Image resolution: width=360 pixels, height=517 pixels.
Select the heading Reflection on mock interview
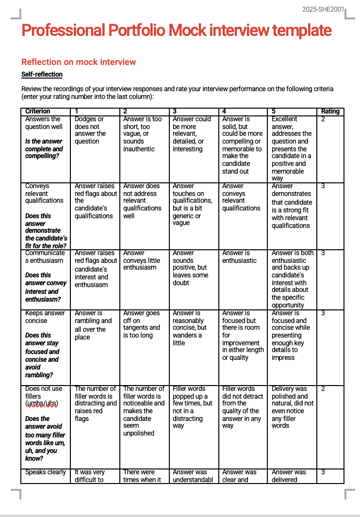[79, 62]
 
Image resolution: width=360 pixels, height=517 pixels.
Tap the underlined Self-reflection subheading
[42, 74]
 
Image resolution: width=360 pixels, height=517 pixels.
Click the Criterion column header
[38, 112]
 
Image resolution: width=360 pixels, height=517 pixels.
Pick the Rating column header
[330, 112]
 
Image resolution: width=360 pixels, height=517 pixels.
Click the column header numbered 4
[224, 112]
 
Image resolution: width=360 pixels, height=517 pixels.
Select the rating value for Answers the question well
[323, 119]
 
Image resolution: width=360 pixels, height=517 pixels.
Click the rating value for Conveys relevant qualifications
[323, 186]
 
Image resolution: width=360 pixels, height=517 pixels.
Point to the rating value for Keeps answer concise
[323, 313]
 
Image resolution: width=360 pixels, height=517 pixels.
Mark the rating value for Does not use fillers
[323, 388]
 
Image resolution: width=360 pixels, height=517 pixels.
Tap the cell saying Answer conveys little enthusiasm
[141, 260]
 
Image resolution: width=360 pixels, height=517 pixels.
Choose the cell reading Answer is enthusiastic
[236, 257]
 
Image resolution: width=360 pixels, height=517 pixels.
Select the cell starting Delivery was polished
[293, 407]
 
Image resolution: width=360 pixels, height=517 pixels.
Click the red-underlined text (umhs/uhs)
[42, 404]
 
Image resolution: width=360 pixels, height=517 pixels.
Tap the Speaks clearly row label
[46, 472]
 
